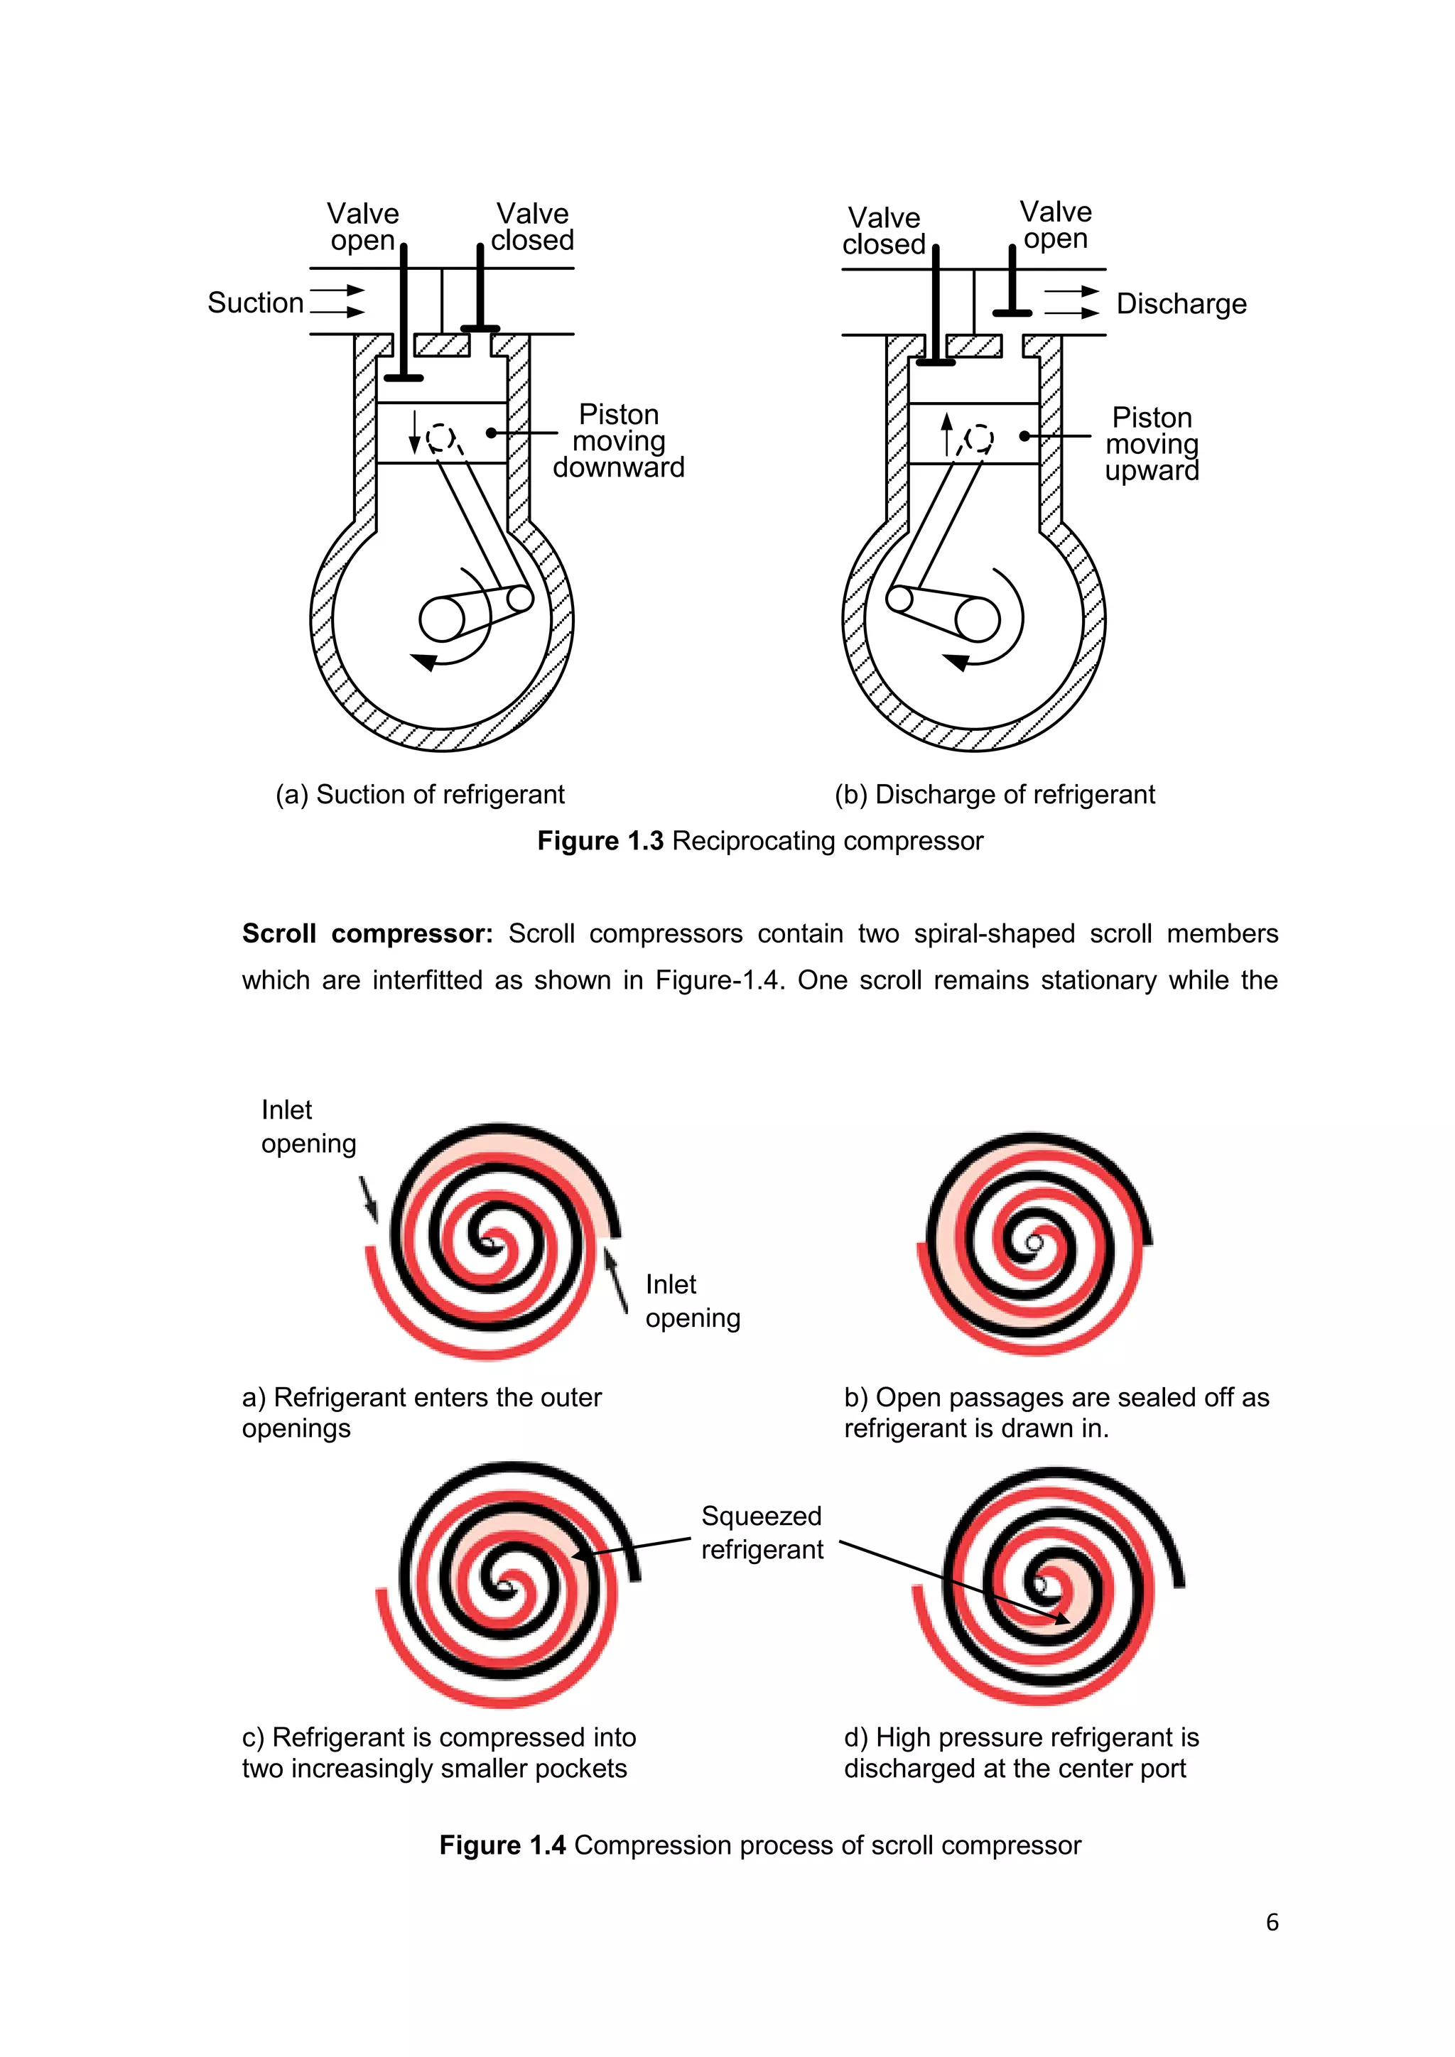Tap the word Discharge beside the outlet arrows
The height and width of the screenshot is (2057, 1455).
[x=1181, y=305]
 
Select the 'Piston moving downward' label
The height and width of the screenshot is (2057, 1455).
[x=618, y=441]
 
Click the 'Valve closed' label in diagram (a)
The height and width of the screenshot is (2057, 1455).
[x=532, y=227]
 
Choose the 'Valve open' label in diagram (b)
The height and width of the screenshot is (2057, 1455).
[x=1056, y=225]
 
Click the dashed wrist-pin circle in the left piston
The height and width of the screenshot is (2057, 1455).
[x=440, y=438]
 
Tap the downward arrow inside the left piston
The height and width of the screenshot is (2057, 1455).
[x=414, y=432]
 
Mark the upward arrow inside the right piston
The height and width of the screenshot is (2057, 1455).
[x=947, y=435]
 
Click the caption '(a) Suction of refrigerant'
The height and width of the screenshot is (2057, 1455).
[x=420, y=795]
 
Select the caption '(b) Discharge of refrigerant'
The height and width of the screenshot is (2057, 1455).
[x=995, y=795]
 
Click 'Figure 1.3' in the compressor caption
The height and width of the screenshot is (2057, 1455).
[x=600, y=841]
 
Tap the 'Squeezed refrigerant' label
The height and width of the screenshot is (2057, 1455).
[x=762, y=1533]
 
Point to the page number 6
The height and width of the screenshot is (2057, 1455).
[x=1272, y=1923]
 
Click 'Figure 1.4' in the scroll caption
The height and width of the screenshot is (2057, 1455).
[x=502, y=1845]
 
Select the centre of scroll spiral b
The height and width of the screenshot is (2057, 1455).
[x=1035, y=1244]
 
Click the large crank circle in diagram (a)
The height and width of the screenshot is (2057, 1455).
[x=442, y=619]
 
